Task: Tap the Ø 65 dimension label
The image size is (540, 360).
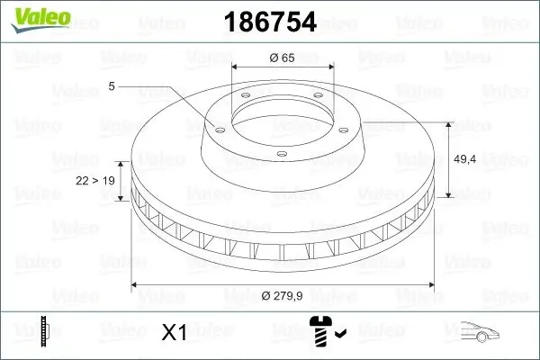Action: click(x=283, y=58)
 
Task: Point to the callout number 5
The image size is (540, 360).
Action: click(x=112, y=85)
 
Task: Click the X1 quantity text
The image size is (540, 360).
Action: click(x=174, y=332)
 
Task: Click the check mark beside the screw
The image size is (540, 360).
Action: click(x=339, y=335)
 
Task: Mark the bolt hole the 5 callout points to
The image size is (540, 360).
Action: click(x=216, y=126)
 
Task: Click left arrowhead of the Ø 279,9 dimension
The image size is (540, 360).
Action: click(x=136, y=284)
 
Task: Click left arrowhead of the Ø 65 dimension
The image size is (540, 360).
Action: click(x=236, y=67)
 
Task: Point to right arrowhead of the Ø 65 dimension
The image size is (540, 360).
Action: click(x=330, y=67)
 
